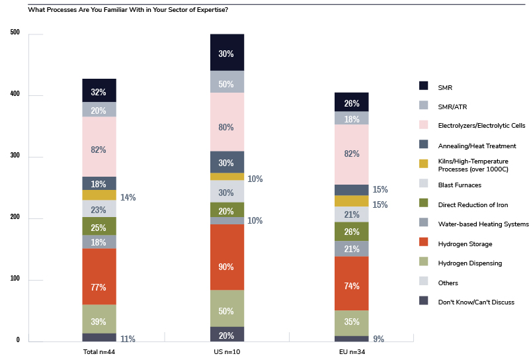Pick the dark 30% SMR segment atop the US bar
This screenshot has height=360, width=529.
click(x=227, y=53)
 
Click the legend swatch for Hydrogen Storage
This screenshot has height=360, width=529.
click(x=424, y=244)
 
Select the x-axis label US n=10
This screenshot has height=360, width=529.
click(x=227, y=352)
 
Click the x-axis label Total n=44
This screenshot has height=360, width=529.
click(x=99, y=352)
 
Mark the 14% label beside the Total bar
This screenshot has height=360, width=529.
click(x=128, y=197)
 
